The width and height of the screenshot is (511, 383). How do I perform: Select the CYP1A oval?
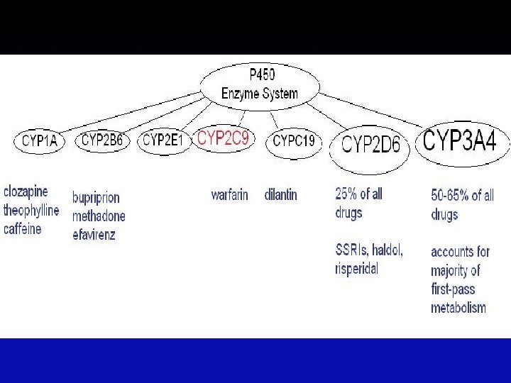pyautogui.click(x=40, y=140)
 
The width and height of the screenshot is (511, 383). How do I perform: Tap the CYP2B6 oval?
pyautogui.click(x=101, y=140)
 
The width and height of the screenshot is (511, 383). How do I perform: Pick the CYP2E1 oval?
pyautogui.click(x=163, y=140)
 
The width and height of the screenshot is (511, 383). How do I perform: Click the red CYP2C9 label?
pyautogui.click(x=223, y=138)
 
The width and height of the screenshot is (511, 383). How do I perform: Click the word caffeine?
pyautogui.click(x=23, y=229)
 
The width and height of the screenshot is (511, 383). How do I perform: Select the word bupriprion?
pyautogui.click(x=96, y=198)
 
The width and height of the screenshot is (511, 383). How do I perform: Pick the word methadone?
pyautogui.click(x=99, y=216)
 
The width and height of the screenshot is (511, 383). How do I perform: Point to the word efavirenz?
pyautogui.click(x=94, y=234)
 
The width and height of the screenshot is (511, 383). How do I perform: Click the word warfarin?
pyautogui.click(x=229, y=194)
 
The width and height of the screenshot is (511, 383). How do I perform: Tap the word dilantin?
pyautogui.click(x=280, y=194)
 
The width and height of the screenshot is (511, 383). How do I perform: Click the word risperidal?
pyautogui.click(x=356, y=269)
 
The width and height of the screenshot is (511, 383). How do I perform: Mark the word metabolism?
pyautogui.click(x=458, y=307)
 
